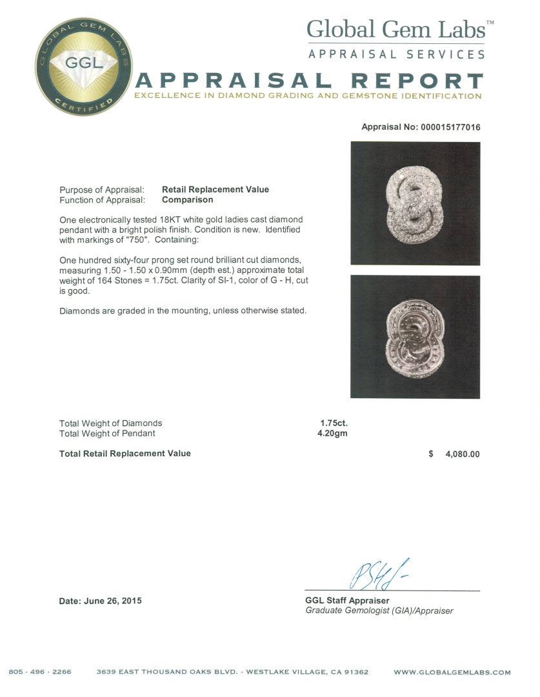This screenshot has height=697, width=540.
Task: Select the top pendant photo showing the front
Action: click(x=415, y=203)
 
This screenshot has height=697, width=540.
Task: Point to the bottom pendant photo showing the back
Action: click(x=415, y=336)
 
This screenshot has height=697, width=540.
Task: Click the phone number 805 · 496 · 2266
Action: click(x=40, y=672)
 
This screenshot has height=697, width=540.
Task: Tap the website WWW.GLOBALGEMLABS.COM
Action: click(x=452, y=672)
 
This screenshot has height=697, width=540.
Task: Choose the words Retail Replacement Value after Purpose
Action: click(x=215, y=190)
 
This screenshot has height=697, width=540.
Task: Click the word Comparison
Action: click(x=187, y=200)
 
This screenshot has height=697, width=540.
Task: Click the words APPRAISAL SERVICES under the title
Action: click(x=396, y=54)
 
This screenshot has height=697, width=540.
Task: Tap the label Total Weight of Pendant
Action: click(x=107, y=434)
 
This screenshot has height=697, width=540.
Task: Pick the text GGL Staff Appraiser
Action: click(x=347, y=601)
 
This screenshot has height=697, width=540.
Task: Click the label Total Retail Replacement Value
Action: click(x=125, y=454)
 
